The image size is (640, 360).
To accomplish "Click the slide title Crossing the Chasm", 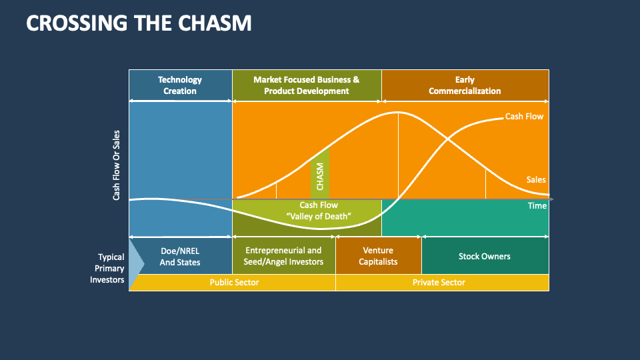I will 139,23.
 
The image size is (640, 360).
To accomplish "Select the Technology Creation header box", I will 180,85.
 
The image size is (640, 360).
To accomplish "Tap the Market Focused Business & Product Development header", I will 306,85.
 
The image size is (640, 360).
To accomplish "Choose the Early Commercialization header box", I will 465,85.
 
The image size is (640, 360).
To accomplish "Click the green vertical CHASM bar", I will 319,177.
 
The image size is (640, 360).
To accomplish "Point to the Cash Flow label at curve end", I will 523,117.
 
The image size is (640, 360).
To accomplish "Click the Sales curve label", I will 535,179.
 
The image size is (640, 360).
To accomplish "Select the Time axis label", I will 537,205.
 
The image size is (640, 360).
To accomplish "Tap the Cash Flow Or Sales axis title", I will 117,165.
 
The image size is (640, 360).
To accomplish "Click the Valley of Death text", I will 319,216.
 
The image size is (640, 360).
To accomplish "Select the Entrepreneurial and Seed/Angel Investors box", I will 284,256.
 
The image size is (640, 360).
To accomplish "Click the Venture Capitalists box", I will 378,256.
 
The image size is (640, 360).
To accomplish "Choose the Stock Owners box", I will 485,256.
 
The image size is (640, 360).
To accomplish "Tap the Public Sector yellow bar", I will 234,283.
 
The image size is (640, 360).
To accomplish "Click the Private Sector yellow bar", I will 439,283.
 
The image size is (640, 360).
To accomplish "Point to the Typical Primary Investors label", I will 107,268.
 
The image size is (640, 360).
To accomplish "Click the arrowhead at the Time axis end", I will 551,199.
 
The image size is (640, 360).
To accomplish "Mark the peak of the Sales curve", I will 398,113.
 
